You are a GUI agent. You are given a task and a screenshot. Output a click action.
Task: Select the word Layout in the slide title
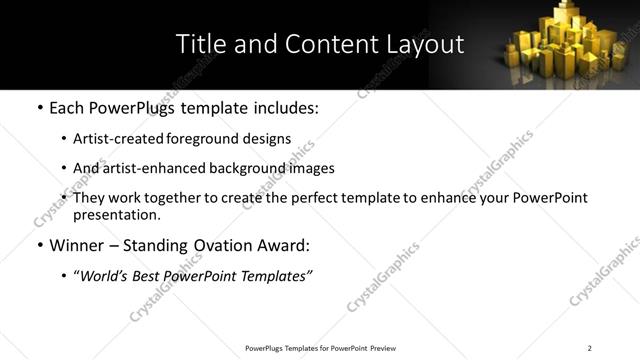tap(425, 44)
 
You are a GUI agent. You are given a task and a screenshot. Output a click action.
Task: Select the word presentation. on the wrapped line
tap(116, 214)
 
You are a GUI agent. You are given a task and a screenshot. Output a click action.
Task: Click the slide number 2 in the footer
tap(589, 348)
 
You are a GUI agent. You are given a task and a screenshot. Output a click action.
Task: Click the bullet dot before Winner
tap(40, 245)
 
